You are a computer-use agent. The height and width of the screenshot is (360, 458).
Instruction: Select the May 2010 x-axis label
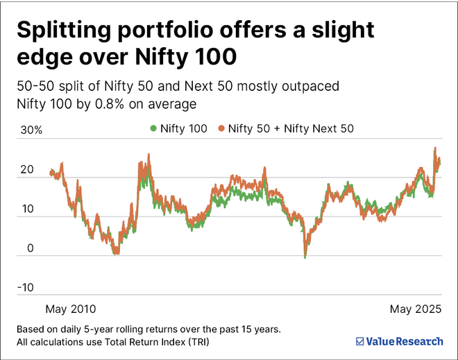pyautogui.click(x=70, y=308)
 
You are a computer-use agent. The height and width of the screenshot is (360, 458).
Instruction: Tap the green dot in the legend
pyautogui.click(x=153, y=128)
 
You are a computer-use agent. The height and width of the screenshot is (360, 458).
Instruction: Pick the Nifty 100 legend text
pyautogui.click(x=183, y=128)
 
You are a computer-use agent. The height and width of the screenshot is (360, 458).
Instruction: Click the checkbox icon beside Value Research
pyautogui.click(x=360, y=341)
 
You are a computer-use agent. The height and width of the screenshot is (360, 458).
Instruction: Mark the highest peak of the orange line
pyautogui.click(x=435, y=148)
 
